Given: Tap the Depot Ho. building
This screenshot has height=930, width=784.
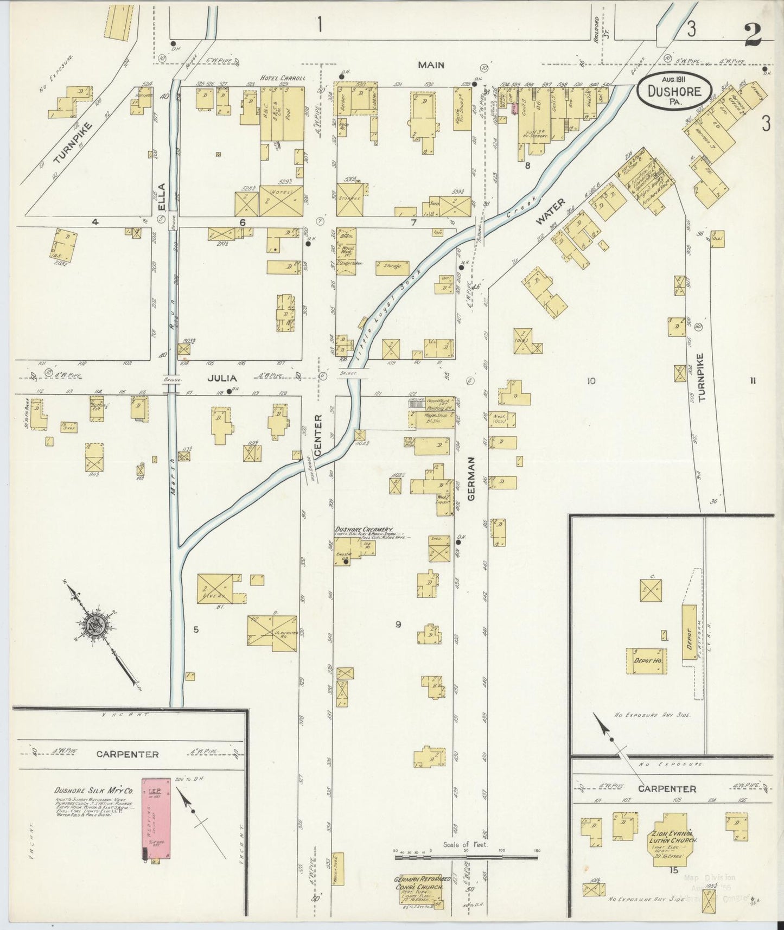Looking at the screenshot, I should point(647,660).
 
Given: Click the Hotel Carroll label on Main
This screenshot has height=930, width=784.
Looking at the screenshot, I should point(282,78).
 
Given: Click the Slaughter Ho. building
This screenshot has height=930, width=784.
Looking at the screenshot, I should point(272,633).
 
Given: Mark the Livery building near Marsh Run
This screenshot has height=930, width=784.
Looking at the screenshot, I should point(215,588).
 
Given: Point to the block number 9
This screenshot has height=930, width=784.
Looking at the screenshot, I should point(398,625).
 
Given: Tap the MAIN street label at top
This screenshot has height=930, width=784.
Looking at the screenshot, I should point(431,65).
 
